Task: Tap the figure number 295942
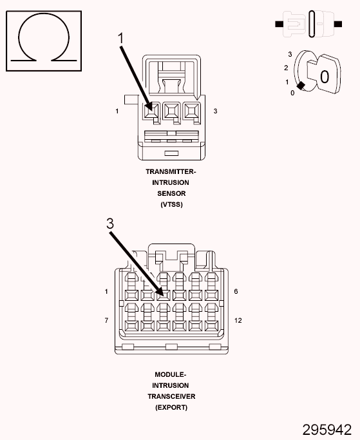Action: tap(327, 430)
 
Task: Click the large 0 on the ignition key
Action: tap(325, 77)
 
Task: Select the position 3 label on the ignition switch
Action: tap(290, 54)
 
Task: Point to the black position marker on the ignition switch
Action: tap(301, 86)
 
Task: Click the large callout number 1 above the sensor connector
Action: tap(120, 39)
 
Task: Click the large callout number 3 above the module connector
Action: tap(110, 224)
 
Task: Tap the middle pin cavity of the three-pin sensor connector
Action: tap(171, 111)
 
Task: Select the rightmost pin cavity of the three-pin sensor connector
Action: tap(191, 111)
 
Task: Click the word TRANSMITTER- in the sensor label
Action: tap(171, 171)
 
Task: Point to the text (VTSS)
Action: tap(171, 204)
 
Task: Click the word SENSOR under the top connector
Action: tap(171, 193)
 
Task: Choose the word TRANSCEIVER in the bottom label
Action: tap(171, 396)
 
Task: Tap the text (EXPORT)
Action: tap(171, 407)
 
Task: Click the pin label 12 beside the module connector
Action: tap(238, 320)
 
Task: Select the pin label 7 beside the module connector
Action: tap(106, 320)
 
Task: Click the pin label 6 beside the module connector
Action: tap(236, 291)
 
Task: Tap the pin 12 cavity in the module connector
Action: tap(212, 326)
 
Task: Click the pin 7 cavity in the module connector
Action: tap(131, 326)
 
